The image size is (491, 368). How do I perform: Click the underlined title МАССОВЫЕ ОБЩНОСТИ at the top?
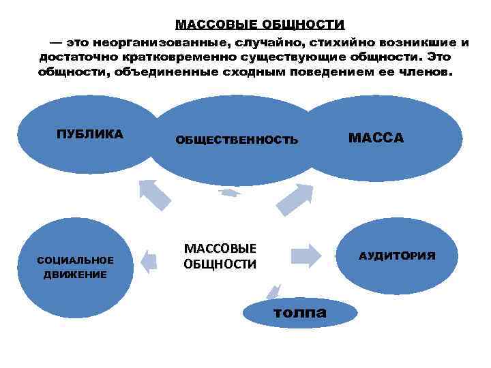coord(260,25)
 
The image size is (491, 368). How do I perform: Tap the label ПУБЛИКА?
coord(89,134)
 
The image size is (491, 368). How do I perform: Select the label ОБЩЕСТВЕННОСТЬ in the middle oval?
coord(237,140)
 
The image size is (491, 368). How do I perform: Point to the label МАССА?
coord(376,138)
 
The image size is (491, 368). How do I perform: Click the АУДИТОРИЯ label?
coord(397,256)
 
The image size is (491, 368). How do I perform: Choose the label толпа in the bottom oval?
coord(299,313)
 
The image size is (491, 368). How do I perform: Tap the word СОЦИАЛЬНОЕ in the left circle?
coord(76,261)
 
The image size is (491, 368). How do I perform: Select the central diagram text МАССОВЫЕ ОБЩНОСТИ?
coord(220,256)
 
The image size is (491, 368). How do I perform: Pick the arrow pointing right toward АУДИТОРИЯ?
coord(305,255)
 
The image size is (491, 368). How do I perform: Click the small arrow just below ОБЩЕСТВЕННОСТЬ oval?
coord(230,193)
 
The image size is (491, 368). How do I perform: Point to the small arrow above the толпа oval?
coord(273,292)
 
